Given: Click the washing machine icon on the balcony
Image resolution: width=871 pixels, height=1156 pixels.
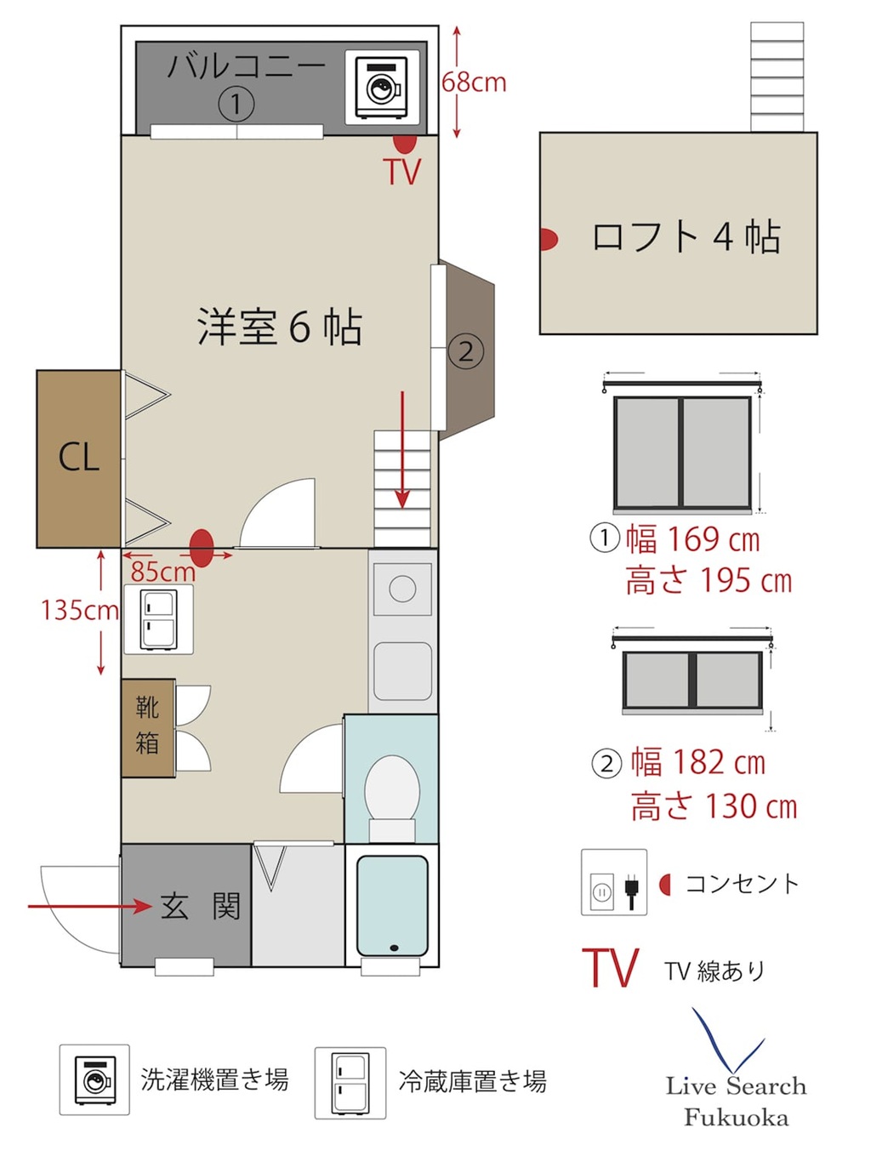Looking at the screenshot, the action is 382,87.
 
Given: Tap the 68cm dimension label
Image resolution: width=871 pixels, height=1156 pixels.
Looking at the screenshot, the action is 474,83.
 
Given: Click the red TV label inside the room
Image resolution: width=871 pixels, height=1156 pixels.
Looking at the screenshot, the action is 404,171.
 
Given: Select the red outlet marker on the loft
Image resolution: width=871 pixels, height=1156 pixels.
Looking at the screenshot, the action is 549,238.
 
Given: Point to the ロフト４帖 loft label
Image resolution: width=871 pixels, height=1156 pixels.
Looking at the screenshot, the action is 686,236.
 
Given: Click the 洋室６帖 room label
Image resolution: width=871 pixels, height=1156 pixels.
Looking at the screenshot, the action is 280,327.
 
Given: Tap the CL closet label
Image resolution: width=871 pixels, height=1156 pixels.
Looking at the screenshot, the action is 78,457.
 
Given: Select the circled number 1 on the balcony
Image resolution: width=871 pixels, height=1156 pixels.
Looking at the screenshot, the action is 236,103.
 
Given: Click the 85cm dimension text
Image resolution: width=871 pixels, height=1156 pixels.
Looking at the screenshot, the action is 162,571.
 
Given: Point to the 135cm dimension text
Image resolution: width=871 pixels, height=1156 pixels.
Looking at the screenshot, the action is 80,611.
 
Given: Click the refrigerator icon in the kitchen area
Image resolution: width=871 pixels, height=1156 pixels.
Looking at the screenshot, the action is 158,619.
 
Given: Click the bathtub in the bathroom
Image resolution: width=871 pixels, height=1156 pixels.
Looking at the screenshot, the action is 392,905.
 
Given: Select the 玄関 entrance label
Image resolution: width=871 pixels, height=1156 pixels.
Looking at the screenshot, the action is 201,906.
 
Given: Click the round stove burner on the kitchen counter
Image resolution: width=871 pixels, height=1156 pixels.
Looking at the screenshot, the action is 402,589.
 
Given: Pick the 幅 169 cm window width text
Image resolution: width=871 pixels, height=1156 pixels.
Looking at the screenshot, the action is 692,540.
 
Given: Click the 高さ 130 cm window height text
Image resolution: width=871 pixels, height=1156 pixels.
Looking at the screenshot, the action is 714,806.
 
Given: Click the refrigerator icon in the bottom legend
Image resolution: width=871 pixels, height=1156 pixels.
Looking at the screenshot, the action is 350,1083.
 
